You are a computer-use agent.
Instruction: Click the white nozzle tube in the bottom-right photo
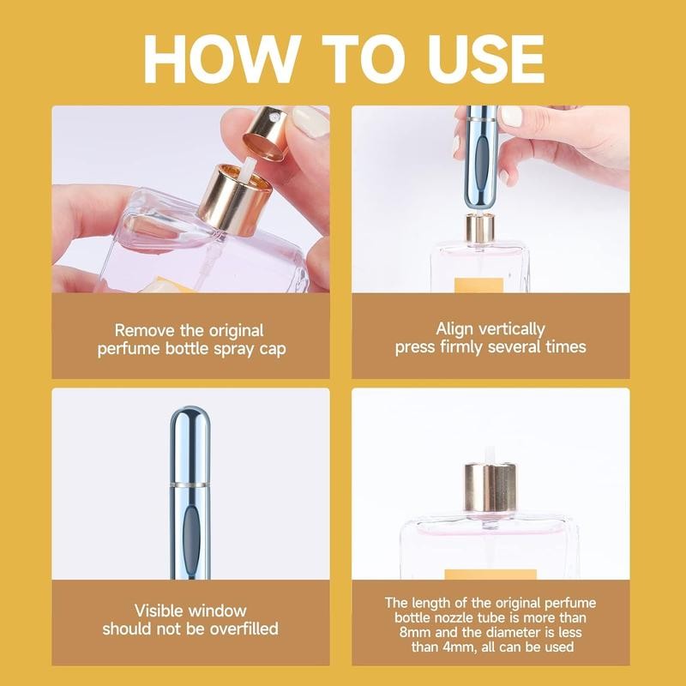pos(490,453)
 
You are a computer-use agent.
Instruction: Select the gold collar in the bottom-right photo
pos(490,488)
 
